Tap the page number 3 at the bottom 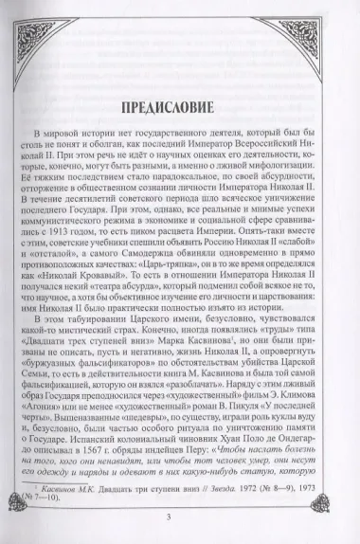(180, 515)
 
